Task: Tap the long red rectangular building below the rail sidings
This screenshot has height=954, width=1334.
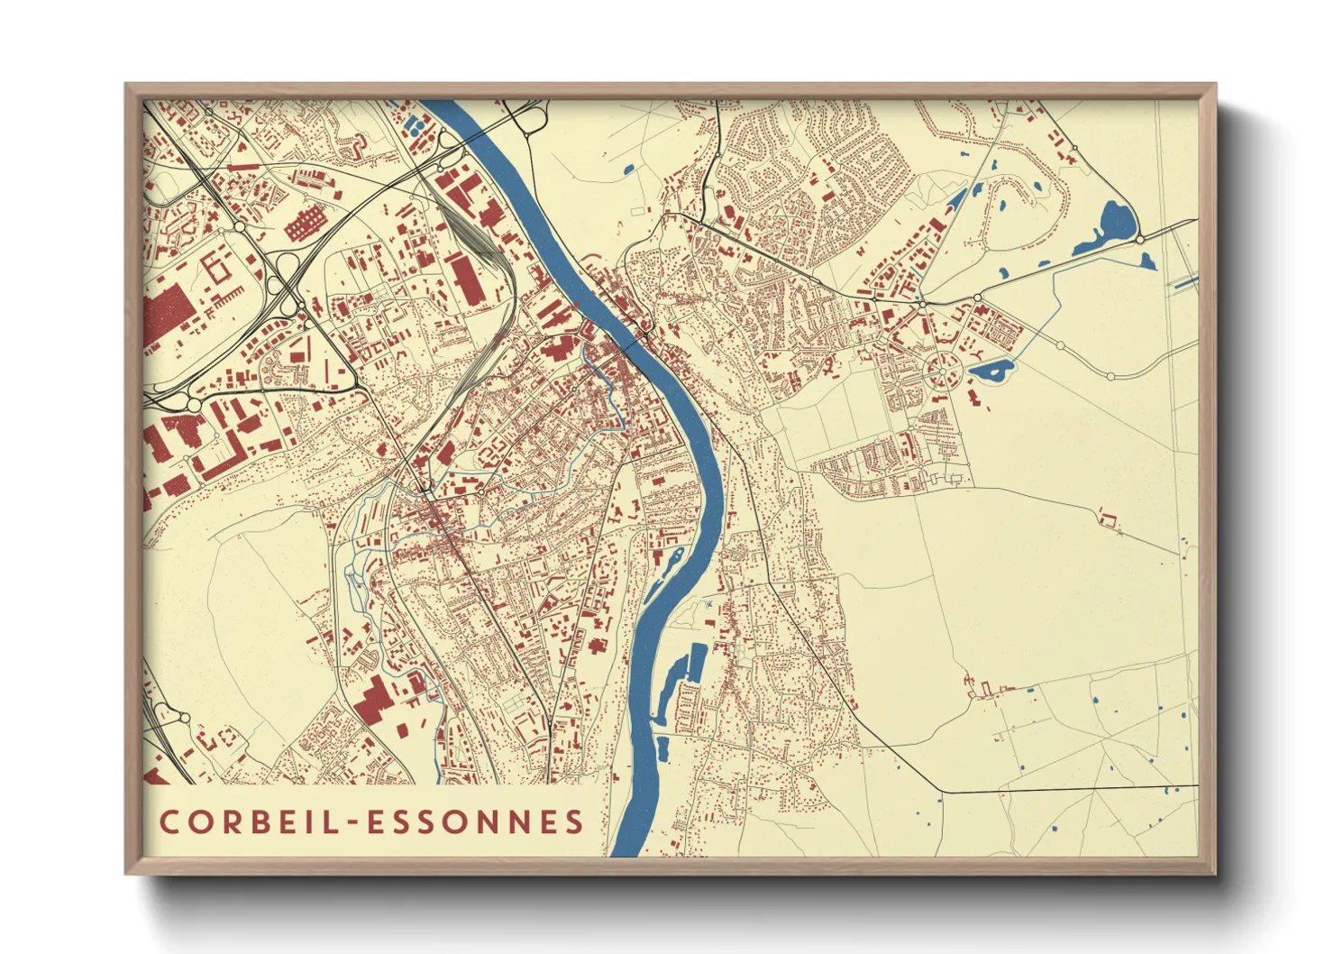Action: [466, 278]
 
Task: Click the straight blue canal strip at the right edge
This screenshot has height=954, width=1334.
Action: [1184, 283]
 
